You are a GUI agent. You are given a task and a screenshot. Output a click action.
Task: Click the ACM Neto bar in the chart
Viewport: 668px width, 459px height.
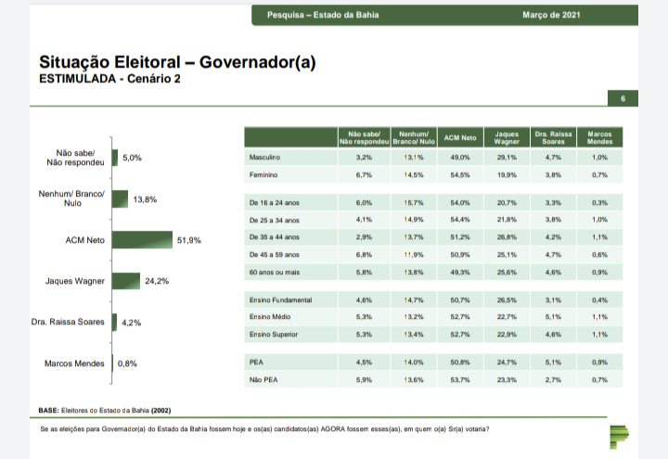pyautogui.click(x=142, y=239)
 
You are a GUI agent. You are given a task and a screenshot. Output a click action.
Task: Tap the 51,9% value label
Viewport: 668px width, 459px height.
pyautogui.click(x=189, y=240)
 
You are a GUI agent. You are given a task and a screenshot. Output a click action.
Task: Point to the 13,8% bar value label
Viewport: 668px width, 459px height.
pyautogui.click(x=145, y=199)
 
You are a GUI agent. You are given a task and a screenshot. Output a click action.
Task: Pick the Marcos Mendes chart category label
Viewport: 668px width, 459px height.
pyautogui.click(x=74, y=363)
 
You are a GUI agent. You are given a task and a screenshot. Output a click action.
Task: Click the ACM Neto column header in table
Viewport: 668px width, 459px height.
pyautogui.click(x=460, y=138)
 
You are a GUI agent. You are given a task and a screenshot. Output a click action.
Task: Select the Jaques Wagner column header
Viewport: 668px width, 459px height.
pyautogui.click(x=507, y=138)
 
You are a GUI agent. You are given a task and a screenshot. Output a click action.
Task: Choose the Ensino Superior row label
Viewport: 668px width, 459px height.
pyautogui.click(x=274, y=334)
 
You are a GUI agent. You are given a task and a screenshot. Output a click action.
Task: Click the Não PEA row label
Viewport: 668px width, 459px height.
pyautogui.click(x=263, y=379)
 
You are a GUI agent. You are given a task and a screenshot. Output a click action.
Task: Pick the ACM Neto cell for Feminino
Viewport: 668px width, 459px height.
pyautogui.click(x=460, y=174)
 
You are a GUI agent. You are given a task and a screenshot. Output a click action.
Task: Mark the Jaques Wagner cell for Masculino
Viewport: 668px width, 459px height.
pyautogui.click(x=507, y=159)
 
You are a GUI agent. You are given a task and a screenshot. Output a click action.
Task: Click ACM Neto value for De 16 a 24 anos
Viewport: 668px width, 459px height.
pyautogui.click(x=460, y=202)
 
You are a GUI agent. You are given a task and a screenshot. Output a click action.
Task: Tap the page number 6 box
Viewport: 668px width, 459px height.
pyautogui.click(x=623, y=98)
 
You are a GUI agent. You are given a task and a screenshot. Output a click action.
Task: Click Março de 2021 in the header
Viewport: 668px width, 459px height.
pyautogui.click(x=553, y=15)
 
